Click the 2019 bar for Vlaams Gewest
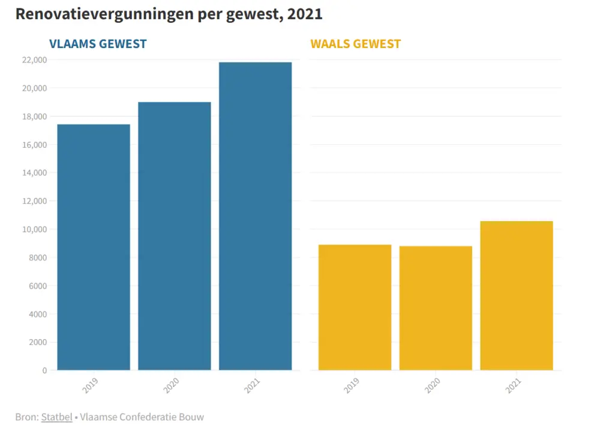(x=94, y=247)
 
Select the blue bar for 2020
(x=175, y=236)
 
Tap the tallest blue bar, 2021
(x=255, y=216)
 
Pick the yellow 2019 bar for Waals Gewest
(x=355, y=307)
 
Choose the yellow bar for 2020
(x=436, y=308)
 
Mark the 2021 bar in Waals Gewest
(x=517, y=296)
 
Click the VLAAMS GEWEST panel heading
(x=98, y=44)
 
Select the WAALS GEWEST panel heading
(x=355, y=44)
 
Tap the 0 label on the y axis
(x=44, y=371)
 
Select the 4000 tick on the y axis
(x=37, y=314)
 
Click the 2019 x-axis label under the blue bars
(x=91, y=385)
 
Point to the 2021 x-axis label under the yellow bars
(x=514, y=385)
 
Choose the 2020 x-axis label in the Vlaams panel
(x=172, y=385)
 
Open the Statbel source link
(x=57, y=417)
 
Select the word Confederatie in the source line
(x=149, y=417)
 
